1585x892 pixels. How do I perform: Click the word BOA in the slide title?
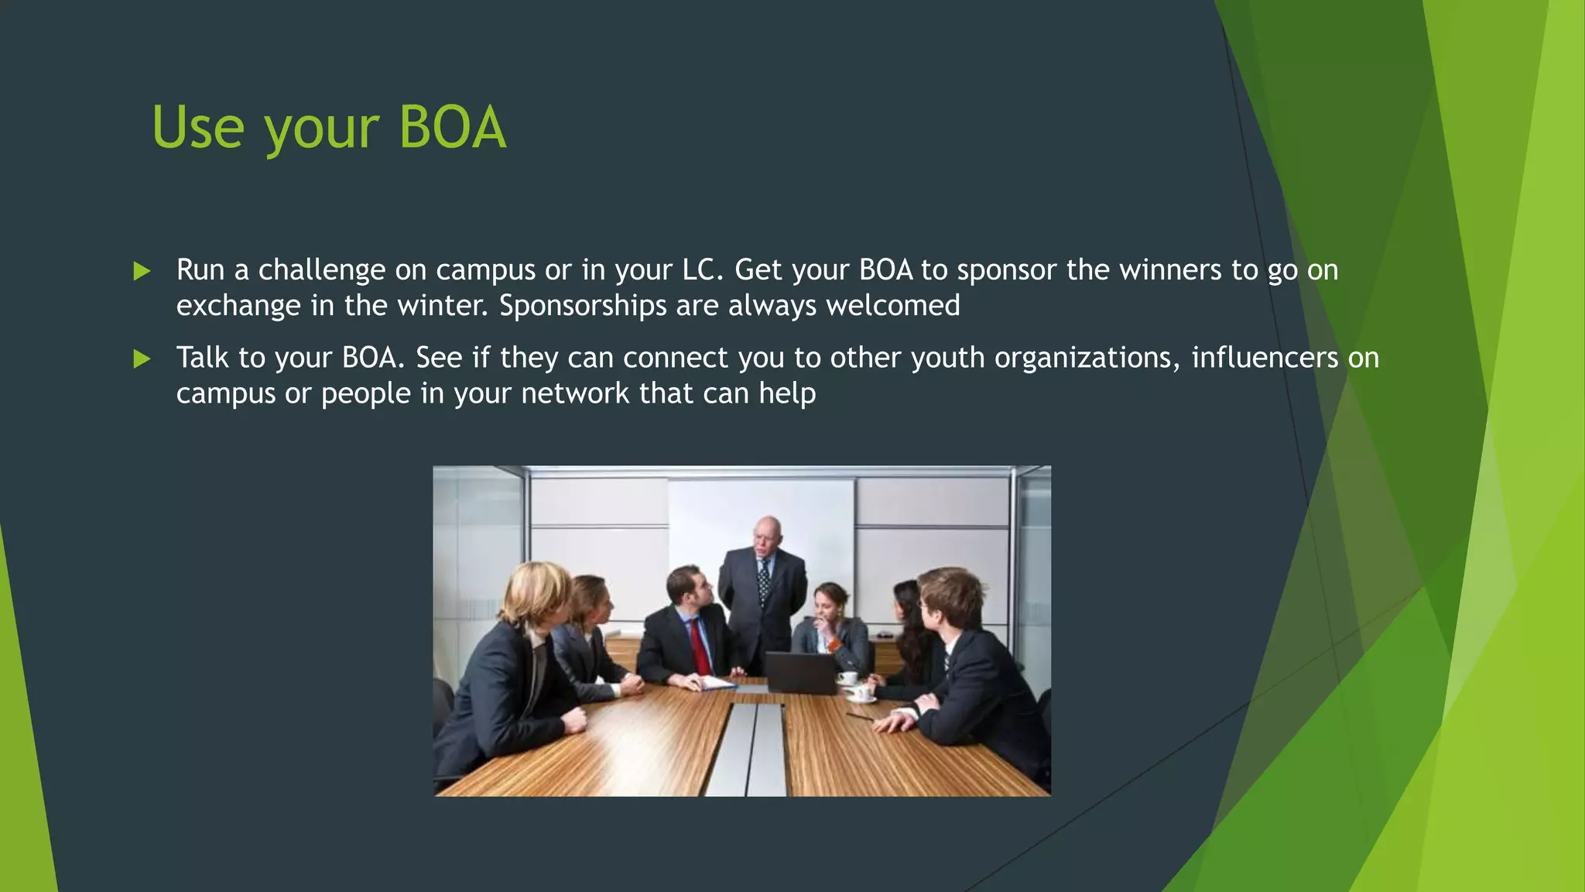(x=453, y=128)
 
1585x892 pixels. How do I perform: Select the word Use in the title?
(x=198, y=128)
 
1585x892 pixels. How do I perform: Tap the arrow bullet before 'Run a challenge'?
(x=142, y=271)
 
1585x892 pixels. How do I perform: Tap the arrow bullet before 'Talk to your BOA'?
(x=142, y=359)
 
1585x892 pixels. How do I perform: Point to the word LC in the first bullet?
(x=701, y=270)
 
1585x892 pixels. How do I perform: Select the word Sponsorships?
(x=583, y=306)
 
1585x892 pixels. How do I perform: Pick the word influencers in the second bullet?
(x=1265, y=358)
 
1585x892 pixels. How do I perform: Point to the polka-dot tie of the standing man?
(x=764, y=581)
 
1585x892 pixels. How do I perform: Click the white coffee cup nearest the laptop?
(x=849, y=678)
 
